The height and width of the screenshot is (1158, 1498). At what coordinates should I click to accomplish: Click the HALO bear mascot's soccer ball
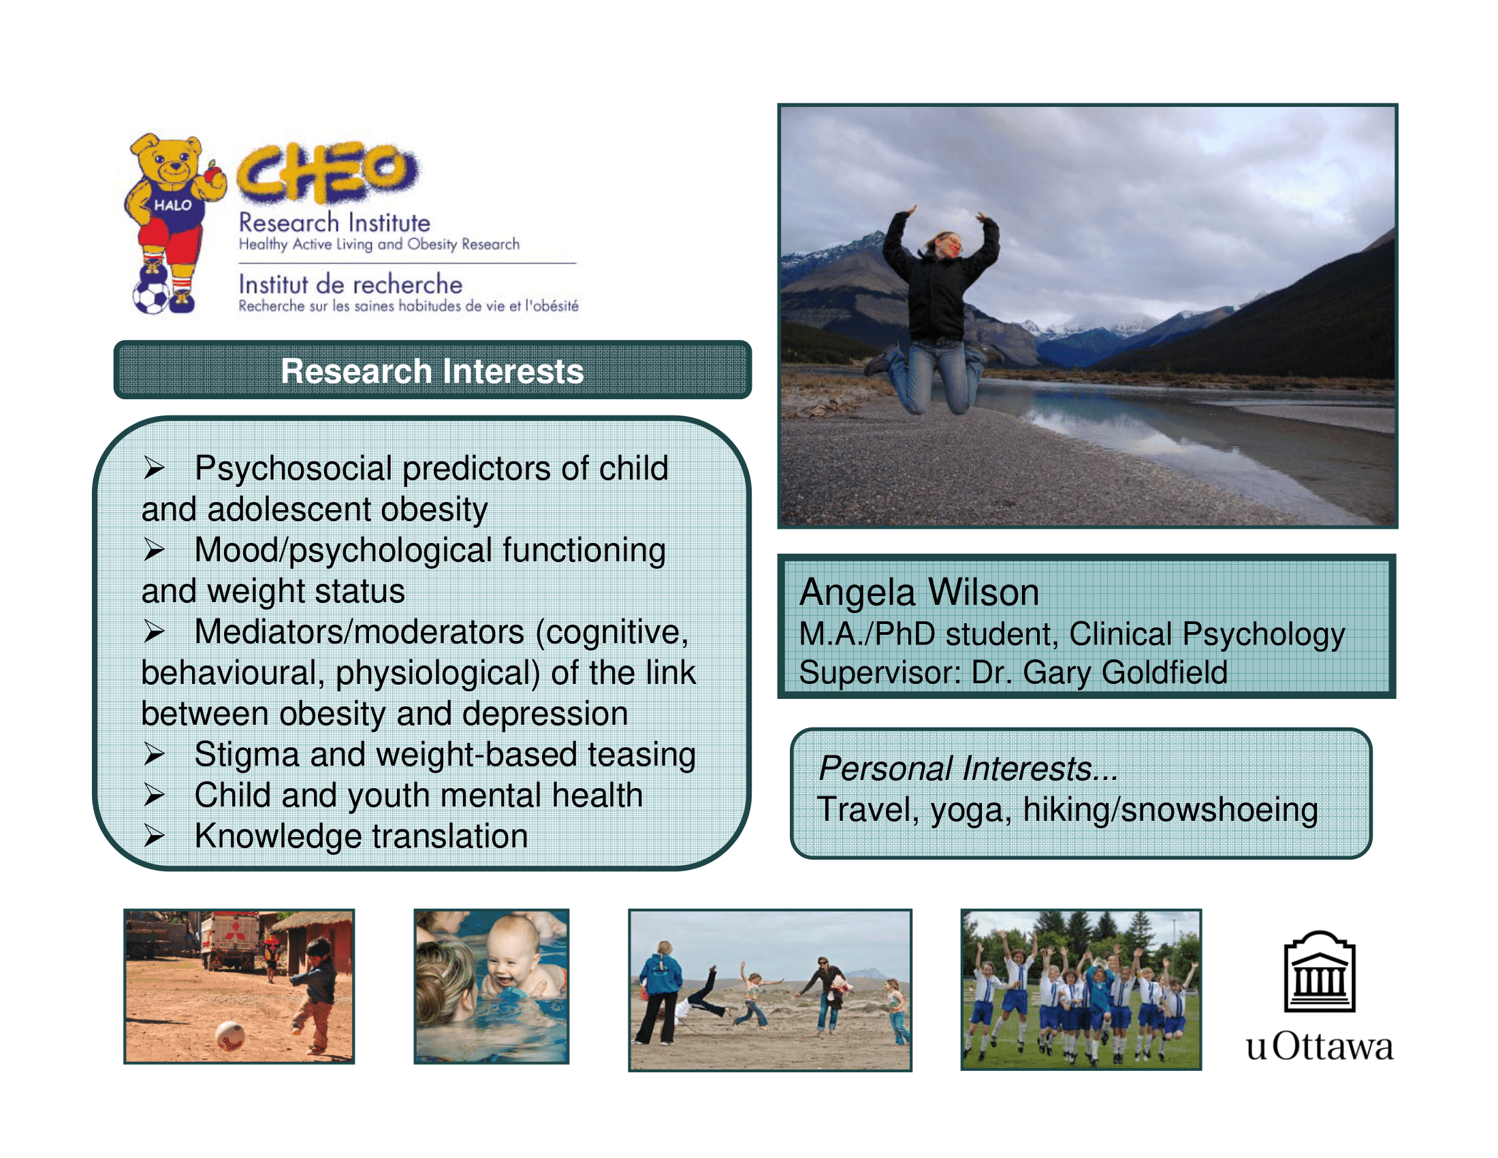(x=150, y=297)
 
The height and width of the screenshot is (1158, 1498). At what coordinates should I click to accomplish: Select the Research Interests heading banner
(x=432, y=370)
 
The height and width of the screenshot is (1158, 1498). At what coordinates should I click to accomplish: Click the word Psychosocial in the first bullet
(x=293, y=469)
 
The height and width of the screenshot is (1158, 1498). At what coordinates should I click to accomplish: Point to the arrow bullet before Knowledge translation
(x=154, y=836)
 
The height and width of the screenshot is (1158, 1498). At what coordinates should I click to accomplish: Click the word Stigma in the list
(x=247, y=755)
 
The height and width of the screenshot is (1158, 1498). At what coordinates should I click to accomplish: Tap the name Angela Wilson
(x=919, y=592)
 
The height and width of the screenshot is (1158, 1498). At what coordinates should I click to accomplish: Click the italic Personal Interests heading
(x=968, y=768)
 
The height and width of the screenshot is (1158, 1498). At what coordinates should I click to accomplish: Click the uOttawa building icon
(x=1319, y=971)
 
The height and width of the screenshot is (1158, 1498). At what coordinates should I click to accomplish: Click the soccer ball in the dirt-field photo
(x=230, y=1035)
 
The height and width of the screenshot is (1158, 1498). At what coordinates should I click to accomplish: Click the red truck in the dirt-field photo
(x=230, y=940)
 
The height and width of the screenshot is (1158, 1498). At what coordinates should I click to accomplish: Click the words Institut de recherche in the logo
(x=351, y=284)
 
